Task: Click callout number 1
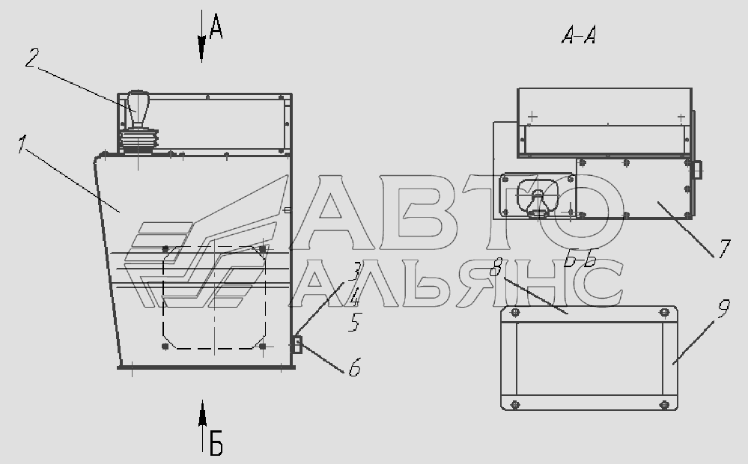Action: click(22, 144)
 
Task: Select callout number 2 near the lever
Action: click(31, 57)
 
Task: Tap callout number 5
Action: click(354, 322)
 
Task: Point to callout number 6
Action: click(354, 367)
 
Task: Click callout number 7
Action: click(724, 248)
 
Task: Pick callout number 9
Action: click(723, 308)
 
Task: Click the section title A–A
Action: click(579, 35)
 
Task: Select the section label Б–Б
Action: click(580, 260)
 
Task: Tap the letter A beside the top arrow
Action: click(216, 26)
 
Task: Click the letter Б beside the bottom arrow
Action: click(216, 442)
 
